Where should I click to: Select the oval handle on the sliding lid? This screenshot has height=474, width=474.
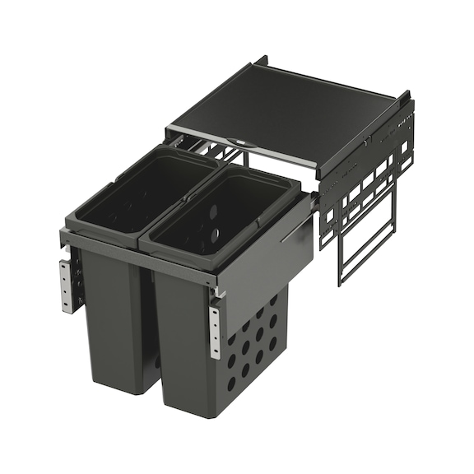(239, 142)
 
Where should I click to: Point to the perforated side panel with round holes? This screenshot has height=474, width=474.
(255, 346)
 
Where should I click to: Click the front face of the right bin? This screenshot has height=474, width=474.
(186, 346)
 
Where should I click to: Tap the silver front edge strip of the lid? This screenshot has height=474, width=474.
(239, 149)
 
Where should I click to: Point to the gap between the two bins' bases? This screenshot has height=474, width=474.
(156, 362)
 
